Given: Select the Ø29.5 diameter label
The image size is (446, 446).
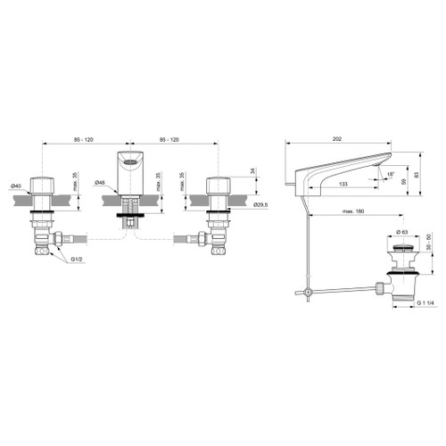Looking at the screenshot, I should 260,205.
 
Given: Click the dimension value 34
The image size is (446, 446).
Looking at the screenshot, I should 253,170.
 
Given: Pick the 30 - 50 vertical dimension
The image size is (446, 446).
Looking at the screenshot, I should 428,249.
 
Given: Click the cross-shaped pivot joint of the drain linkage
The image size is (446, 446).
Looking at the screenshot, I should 305,292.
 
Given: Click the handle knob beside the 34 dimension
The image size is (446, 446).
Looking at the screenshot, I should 217,186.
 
